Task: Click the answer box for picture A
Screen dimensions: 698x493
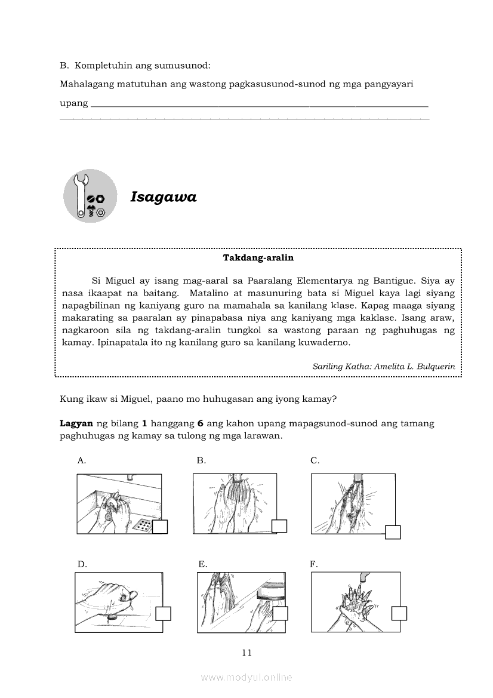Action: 160,527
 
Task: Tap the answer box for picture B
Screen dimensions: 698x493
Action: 279,526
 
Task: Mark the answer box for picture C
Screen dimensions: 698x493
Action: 393,532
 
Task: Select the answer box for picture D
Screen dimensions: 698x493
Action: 163,614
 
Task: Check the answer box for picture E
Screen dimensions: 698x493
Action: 280,613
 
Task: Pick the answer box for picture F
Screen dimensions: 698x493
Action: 399,613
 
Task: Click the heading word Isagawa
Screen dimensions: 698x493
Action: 164,197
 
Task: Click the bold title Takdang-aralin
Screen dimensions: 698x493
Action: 258,259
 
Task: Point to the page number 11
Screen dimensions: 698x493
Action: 247,653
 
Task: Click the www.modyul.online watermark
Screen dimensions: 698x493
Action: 246,677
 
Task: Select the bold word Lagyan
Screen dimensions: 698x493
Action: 76,423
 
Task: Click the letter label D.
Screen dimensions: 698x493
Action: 82,564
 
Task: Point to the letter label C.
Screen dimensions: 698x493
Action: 315,460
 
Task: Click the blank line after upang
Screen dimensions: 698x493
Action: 258,104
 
